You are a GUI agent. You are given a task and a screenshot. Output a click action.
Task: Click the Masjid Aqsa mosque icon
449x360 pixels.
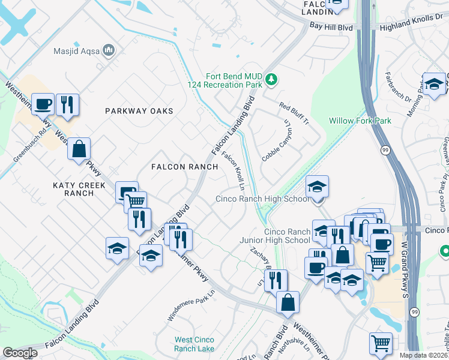coord(109,51)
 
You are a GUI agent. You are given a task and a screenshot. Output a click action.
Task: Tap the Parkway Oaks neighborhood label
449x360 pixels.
coord(139,111)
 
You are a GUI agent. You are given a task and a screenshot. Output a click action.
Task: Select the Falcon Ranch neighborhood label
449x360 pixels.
coord(176,166)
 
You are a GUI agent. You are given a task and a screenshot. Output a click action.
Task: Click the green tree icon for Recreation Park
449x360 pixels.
coord(271,79)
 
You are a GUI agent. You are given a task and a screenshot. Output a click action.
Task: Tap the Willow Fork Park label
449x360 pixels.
coord(360,121)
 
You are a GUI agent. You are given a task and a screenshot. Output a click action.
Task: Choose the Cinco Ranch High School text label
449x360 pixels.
coord(262,199)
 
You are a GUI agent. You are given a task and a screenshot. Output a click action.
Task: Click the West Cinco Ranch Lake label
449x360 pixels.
coord(194,344)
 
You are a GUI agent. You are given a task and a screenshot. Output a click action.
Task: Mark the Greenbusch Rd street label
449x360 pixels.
coord(30,146)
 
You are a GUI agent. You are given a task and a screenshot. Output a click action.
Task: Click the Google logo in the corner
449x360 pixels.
coord(20,353)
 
